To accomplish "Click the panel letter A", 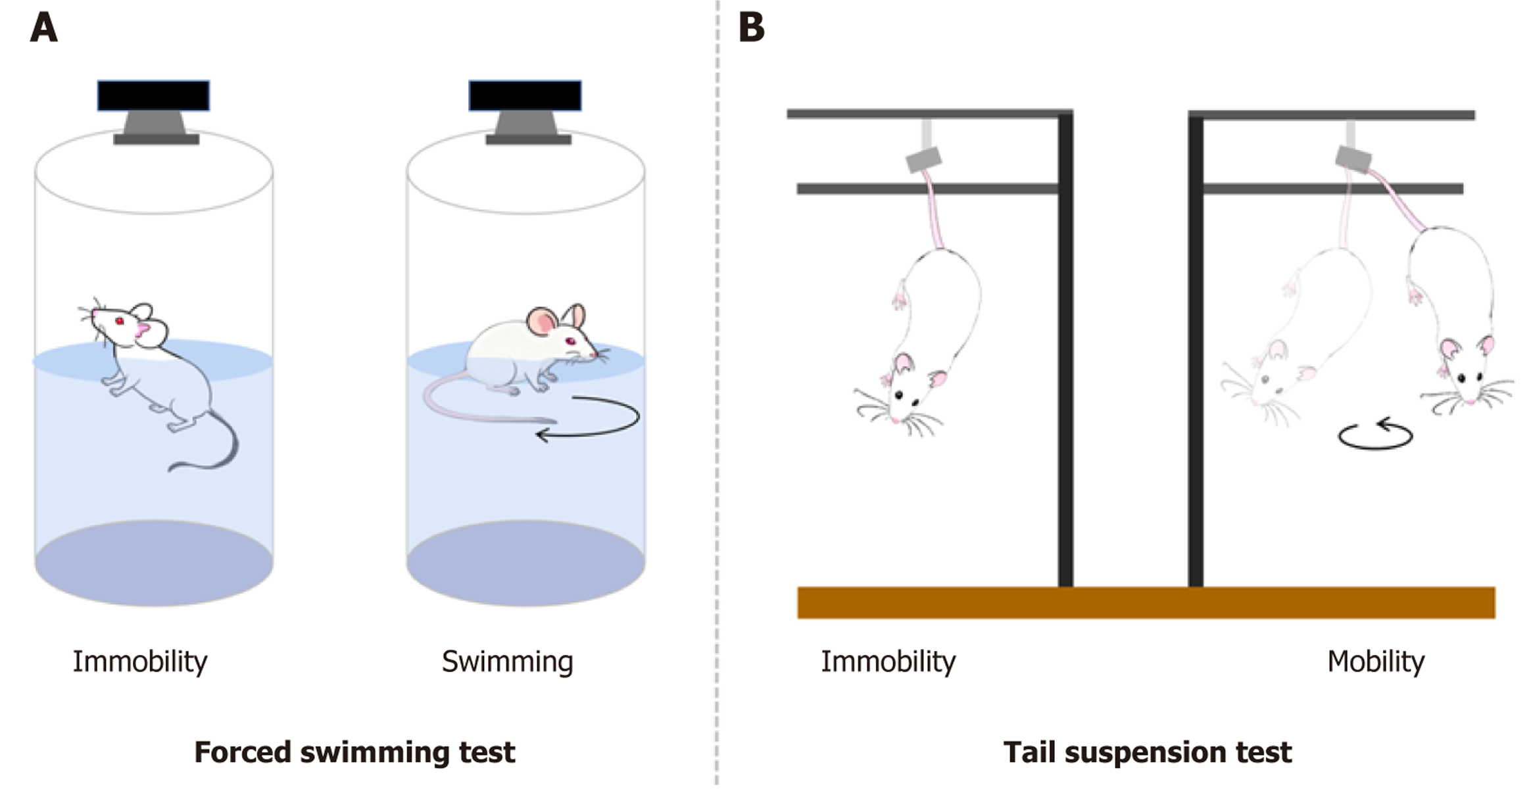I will [x=44, y=28].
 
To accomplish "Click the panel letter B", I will [x=751, y=28].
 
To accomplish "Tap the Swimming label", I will [x=507, y=661].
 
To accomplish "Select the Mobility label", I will [x=1375, y=661].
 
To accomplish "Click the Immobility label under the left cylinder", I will [x=140, y=661].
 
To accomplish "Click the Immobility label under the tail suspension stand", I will [x=888, y=661].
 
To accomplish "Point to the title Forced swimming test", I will [x=354, y=752].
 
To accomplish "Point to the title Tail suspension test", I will [x=1147, y=752].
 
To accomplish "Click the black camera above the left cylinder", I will [x=153, y=96].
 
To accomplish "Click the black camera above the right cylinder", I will [x=525, y=96].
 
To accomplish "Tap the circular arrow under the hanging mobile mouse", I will [x=1375, y=435].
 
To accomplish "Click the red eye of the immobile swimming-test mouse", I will [x=120, y=321].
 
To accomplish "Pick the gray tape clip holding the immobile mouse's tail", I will [x=923, y=159].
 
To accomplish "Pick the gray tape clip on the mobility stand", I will [x=1353, y=158].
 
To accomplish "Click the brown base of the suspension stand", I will [x=1146, y=602].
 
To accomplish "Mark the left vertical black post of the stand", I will [x=1065, y=348].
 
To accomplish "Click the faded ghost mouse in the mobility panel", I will [x=1309, y=329].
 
